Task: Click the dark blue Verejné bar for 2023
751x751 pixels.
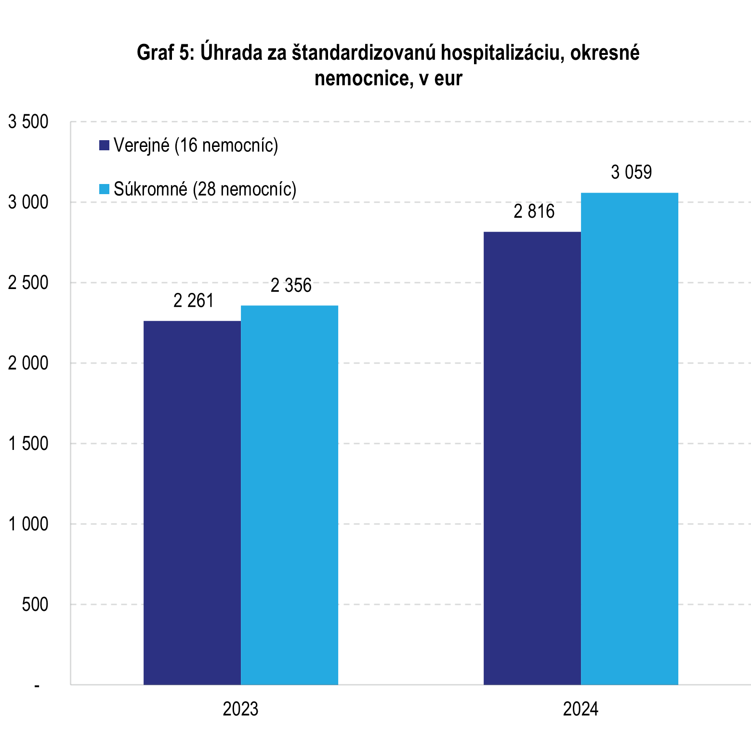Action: point(192,502)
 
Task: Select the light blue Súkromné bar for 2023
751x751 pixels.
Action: point(290,495)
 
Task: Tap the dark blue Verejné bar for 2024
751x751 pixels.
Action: point(532,458)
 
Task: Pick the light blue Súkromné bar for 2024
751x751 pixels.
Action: point(629,438)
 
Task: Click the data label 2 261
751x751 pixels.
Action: point(193,301)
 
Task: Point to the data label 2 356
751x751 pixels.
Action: point(291,286)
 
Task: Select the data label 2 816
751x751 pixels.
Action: point(534,211)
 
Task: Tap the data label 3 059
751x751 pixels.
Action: point(631,172)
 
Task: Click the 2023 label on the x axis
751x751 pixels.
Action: point(240,710)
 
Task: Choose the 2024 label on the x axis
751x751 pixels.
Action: point(580,710)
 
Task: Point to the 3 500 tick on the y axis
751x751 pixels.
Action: point(28,122)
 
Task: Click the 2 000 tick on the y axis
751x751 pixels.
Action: point(28,363)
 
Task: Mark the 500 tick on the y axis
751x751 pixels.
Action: point(35,605)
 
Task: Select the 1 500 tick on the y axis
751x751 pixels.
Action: point(28,444)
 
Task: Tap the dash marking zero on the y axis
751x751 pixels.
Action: point(37,685)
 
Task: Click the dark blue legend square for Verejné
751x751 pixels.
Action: point(105,145)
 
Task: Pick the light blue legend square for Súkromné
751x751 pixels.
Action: point(105,189)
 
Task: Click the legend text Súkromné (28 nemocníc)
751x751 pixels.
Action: point(205,189)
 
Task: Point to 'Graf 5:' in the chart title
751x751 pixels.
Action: point(165,53)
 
